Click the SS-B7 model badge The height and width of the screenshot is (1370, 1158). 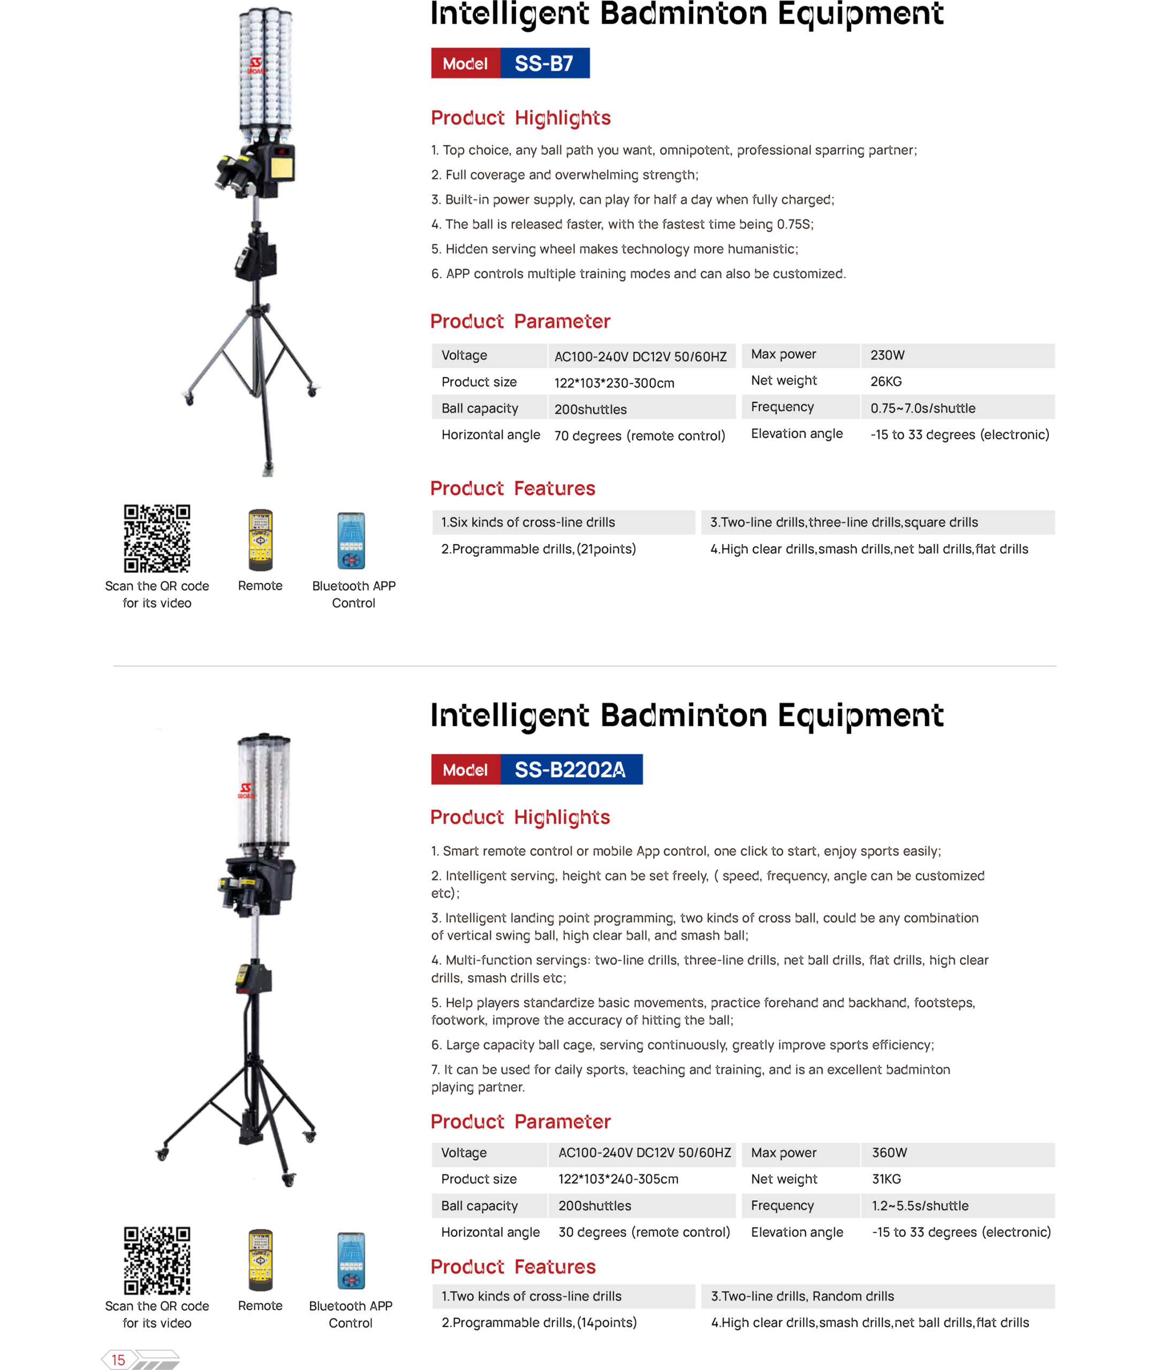click(x=544, y=63)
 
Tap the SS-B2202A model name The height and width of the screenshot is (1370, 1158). click(x=570, y=769)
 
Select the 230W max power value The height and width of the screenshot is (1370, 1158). click(x=887, y=355)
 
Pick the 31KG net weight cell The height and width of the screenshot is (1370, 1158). click(x=886, y=1179)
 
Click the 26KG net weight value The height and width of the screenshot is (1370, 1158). click(x=885, y=381)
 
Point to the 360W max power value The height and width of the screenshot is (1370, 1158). click(x=889, y=1152)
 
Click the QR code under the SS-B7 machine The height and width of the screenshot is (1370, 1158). click(x=157, y=538)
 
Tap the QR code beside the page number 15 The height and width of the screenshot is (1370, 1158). click(x=157, y=1260)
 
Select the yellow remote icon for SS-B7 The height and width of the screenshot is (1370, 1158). click(x=261, y=539)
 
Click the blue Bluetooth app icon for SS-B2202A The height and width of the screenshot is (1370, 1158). click(x=351, y=1260)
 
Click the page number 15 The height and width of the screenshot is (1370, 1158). click(x=118, y=1359)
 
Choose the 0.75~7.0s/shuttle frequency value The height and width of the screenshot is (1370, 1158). click(x=922, y=408)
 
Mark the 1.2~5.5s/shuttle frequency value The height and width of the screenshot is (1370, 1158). click(x=920, y=1205)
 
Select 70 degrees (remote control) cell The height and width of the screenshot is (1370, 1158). click(x=639, y=436)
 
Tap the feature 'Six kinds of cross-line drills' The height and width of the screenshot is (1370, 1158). click(x=528, y=522)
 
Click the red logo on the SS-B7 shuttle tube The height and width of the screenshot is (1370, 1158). click(x=256, y=66)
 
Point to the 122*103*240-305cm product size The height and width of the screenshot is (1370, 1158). click(x=618, y=1179)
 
